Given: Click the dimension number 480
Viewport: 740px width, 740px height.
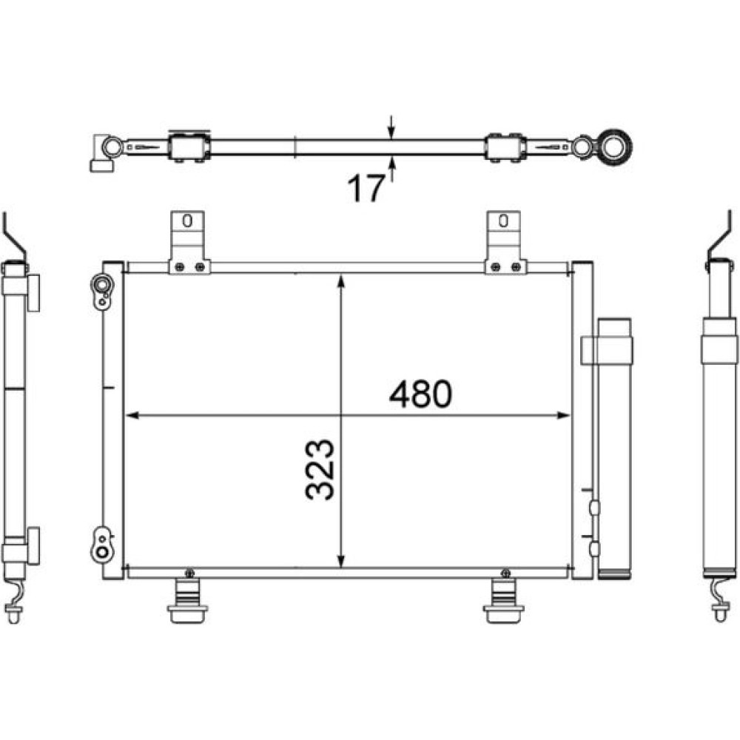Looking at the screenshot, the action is click(x=420, y=394).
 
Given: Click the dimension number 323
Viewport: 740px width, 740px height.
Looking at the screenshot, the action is click(x=320, y=469).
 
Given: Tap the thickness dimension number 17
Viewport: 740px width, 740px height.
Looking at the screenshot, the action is click(x=366, y=188).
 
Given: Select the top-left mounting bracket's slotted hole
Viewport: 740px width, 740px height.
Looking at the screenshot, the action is click(x=187, y=221).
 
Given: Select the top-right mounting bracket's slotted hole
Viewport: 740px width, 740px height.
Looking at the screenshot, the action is click(x=503, y=221).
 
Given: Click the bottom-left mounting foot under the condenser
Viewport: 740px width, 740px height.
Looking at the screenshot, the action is click(x=187, y=600).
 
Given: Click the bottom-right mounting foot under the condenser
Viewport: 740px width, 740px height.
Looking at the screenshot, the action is click(x=503, y=600).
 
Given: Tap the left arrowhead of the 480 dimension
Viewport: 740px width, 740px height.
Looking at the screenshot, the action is click(x=132, y=415).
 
